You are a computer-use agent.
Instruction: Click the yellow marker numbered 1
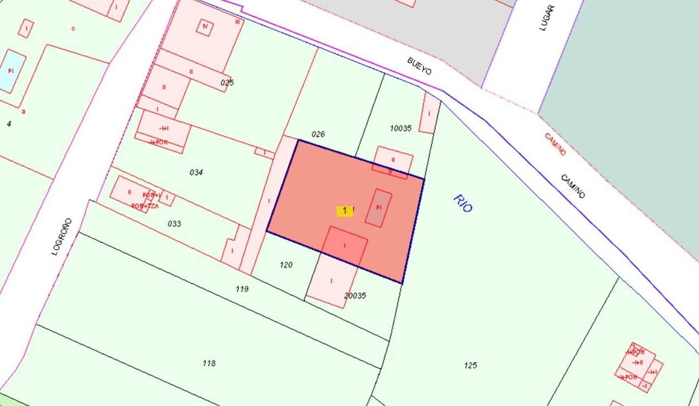(344, 211)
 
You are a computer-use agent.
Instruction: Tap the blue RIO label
(462, 203)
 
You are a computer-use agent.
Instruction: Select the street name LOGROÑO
(62, 237)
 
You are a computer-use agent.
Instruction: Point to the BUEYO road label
(419, 65)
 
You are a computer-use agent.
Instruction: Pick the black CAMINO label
(573, 186)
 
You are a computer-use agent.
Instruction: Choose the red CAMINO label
(555, 144)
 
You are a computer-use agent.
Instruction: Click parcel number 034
(196, 173)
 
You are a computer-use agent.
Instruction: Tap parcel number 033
(175, 224)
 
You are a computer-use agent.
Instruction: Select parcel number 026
(318, 134)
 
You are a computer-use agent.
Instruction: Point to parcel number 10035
(401, 129)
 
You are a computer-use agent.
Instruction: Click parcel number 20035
(355, 295)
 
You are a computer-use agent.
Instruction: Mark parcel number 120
(286, 264)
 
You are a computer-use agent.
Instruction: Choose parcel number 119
(242, 289)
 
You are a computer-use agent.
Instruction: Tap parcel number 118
(209, 363)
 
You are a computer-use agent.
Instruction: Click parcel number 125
(471, 365)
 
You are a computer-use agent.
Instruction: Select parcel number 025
(227, 83)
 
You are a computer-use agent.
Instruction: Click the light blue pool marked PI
(11, 71)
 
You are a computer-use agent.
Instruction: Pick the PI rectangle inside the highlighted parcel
(379, 208)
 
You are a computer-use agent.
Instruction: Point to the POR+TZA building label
(145, 206)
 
